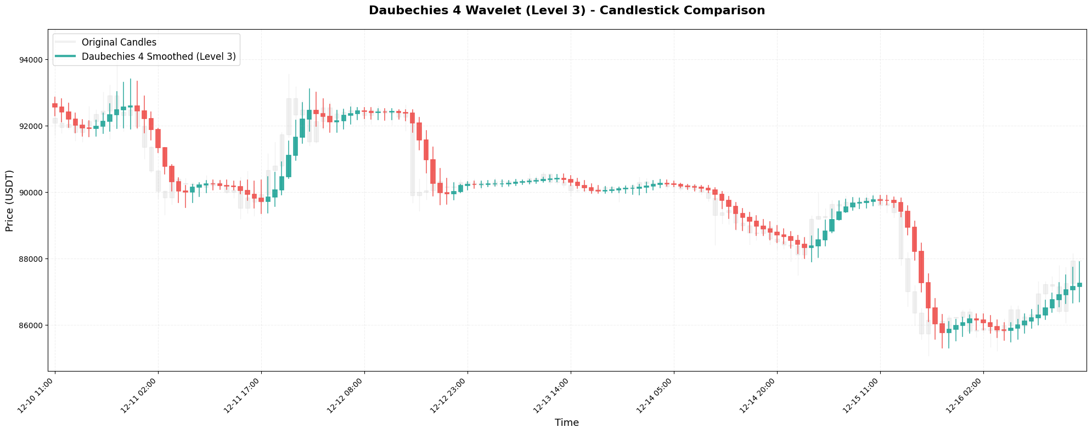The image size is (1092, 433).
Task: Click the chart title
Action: (x=566, y=10)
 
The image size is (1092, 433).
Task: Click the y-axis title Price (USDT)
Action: (x=9, y=200)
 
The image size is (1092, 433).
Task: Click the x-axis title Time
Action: (x=566, y=423)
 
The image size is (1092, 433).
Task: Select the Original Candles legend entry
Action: (x=119, y=42)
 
